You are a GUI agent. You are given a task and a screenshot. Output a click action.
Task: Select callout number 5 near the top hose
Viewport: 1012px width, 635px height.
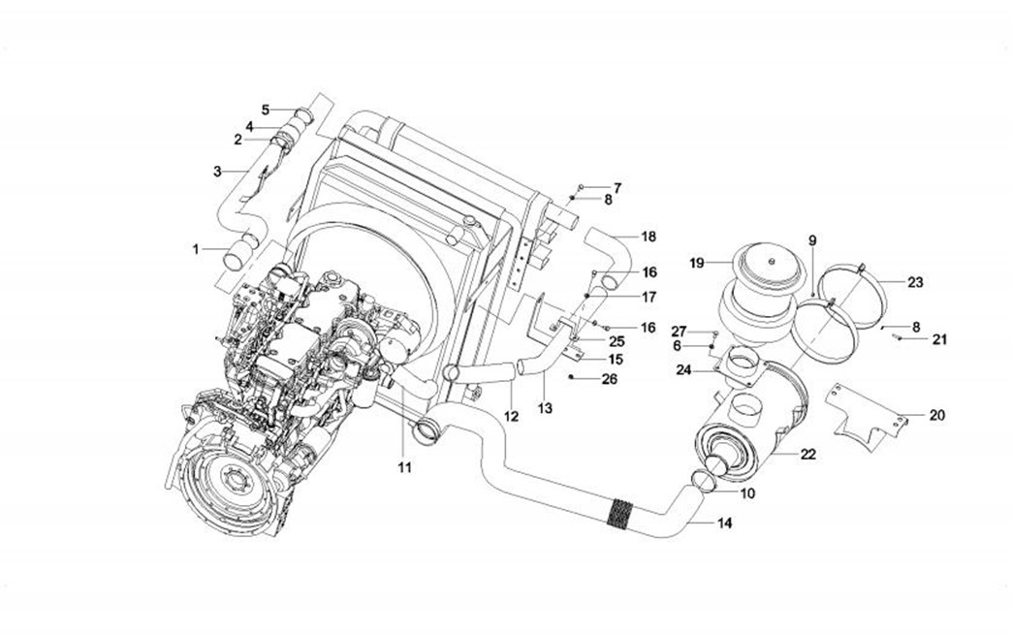pyautogui.click(x=265, y=109)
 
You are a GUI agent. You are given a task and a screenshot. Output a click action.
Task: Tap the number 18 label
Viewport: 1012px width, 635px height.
pyautogui.click(x=648, y=237)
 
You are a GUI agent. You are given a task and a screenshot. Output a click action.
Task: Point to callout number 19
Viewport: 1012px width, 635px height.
pyautogui.click(x=696, y=263)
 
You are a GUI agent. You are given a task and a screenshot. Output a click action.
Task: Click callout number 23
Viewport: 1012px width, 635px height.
pyautogui.click(x=915, y=283)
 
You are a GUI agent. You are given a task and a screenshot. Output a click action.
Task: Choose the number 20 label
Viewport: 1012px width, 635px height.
pyautogui.click(x=936, y=415)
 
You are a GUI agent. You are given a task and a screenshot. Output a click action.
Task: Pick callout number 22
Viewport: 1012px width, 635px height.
pyautogui.click(x=808, y=454)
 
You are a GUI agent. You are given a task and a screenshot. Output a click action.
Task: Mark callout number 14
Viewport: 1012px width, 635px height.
pyautogui.click(x=724, y=524)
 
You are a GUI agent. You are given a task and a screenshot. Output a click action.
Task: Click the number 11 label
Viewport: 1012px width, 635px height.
pyautogui.click(x=404, y=467)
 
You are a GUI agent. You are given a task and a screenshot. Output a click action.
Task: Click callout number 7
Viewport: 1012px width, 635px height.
pyautogui.click(x=617, y=186)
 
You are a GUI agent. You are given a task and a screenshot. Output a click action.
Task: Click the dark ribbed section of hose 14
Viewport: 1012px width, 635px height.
pyautogui.click(x=617, y=513)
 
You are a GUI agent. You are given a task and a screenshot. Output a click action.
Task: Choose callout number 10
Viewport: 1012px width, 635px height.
pyautogui.click(x=747, y=493)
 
